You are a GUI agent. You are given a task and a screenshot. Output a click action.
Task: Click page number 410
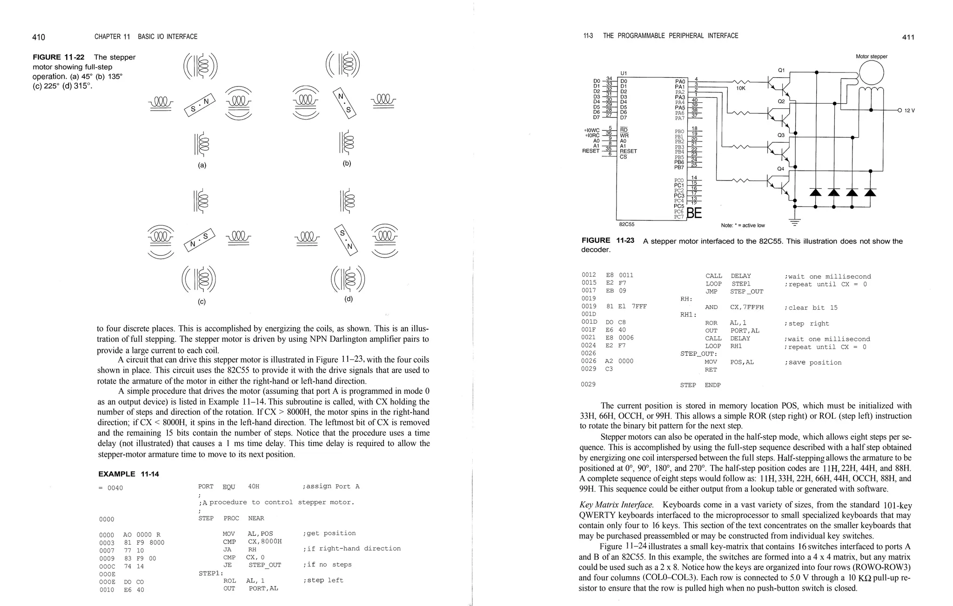pos(39,37)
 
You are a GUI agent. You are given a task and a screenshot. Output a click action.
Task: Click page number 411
pos(908,37)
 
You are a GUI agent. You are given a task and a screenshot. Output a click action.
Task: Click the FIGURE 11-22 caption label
pos(59,57)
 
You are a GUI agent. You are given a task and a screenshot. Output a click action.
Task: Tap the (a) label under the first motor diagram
pos(202,165)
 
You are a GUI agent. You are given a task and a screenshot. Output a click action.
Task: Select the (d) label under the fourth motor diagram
pos(349,299)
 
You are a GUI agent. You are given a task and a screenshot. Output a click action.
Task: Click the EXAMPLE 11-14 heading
pos(128,474)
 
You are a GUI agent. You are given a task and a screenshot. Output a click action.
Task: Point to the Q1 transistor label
pos(781,70)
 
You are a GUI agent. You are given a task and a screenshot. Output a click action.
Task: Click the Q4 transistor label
pos(781,168)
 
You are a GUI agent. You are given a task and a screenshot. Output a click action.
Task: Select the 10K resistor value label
pos(741,88)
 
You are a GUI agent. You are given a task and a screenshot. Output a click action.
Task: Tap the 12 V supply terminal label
pos(909,111)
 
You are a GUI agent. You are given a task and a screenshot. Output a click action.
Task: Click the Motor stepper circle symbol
pos(871,73)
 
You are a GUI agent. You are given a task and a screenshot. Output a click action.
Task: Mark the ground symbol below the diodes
pos(795,222)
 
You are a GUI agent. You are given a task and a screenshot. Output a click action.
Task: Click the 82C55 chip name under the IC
pos(627,224)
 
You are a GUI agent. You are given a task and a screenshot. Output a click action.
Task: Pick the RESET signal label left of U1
pos(591,151)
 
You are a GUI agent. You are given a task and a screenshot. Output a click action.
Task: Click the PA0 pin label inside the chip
pos(680,81)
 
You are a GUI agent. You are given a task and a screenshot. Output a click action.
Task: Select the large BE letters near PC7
pos(694,213)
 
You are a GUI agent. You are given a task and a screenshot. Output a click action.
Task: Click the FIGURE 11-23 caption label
pos(608,240)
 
